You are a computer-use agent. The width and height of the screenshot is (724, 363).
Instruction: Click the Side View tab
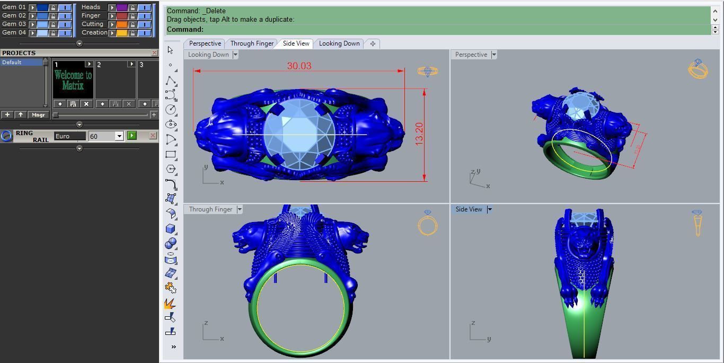point(296,43)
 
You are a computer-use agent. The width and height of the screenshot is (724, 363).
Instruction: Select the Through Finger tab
point(252,43)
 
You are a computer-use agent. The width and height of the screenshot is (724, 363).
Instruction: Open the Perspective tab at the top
point(205,43)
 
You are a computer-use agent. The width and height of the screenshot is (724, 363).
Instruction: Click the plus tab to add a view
point(373,43)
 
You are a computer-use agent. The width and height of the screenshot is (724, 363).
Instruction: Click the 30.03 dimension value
point(299,66)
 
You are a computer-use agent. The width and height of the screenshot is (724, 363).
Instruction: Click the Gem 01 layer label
point(14,7)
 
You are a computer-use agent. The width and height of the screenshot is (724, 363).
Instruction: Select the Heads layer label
point(91,7)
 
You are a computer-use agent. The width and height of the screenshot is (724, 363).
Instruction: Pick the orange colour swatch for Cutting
point(121,24)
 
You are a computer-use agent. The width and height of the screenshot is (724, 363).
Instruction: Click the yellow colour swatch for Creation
point(121,33)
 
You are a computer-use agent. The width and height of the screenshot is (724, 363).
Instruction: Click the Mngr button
point(38,114)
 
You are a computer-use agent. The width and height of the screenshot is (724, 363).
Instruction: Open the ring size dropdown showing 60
point(119,136)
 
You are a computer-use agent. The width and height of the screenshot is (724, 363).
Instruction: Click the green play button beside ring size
point(132,136)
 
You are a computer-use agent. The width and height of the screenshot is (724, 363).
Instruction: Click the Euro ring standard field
point(69,136)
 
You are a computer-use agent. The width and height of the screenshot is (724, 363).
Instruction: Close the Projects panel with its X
point(154,53)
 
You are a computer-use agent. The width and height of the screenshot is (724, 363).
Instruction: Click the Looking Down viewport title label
point(208,55)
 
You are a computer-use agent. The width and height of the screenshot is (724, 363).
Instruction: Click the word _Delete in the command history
point(214,11)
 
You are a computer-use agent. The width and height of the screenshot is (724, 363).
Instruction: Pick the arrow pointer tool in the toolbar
point(170,50)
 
